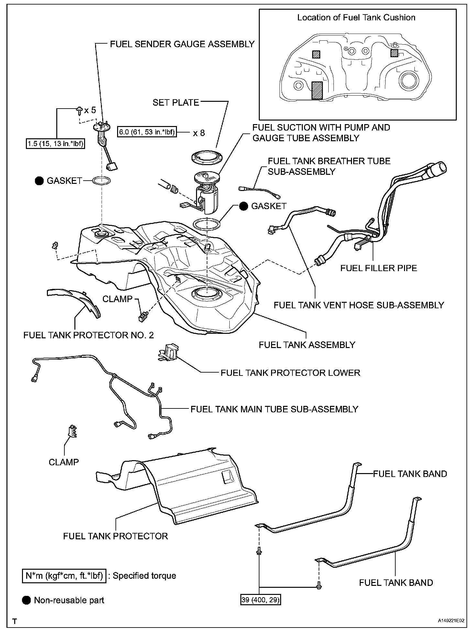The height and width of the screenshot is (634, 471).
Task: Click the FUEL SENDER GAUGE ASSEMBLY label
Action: point(182,44)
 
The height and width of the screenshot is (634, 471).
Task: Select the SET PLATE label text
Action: point(176,102)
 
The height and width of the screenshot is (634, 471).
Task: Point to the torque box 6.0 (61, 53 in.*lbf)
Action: point(147,132)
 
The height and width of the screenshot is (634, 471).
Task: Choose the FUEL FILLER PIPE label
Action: point(378,268)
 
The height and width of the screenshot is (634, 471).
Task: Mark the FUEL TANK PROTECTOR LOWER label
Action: point(290,373)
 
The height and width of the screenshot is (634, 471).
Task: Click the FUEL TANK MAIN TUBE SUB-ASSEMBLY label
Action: point(274,409)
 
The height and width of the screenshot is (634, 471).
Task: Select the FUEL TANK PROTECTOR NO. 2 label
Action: point(89,335)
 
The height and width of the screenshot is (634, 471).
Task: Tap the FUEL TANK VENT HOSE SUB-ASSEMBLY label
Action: point(359,305)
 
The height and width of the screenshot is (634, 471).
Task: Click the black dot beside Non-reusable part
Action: point(27,600)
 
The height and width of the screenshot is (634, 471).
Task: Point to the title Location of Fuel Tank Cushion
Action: point(356,17)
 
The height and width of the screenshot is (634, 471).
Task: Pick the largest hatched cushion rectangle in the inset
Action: point(317,90)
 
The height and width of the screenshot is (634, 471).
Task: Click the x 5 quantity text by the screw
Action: point(90,110)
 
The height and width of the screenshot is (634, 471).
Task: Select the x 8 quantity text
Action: point(199,133)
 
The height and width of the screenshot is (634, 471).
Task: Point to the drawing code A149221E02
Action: point(451,621)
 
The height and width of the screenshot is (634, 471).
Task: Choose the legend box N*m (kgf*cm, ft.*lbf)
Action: point(64,576)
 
